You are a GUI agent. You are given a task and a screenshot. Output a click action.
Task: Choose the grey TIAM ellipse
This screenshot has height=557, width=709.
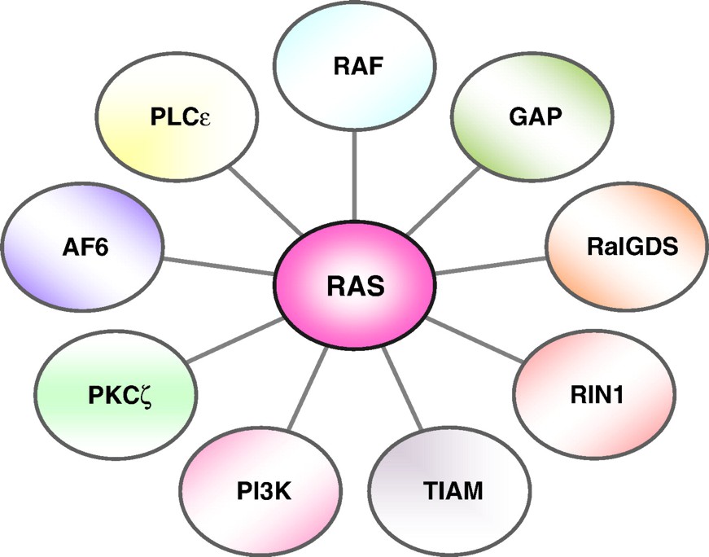tap(453, 491)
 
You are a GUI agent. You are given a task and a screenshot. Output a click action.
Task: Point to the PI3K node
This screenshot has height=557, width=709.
tap(260, 491)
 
